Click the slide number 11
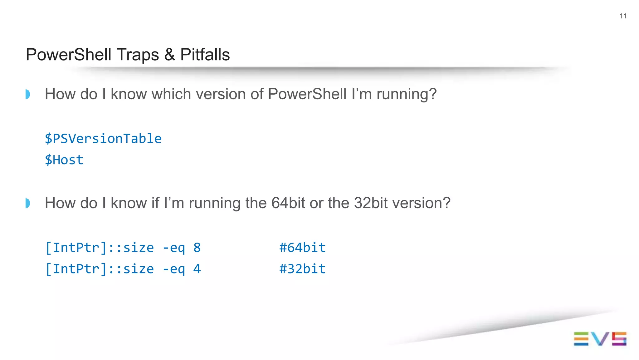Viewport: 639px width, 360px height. pos(623,16)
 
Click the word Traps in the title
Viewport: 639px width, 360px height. pos(137,55)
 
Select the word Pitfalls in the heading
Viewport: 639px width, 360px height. pos(205,55)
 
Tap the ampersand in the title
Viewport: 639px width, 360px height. pos(169,55)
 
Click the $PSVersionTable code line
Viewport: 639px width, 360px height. pos(103,139)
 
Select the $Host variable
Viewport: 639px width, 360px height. pos(64,160)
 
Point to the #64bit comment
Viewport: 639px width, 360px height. pos(302,248)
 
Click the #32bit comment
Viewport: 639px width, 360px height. pos(302,269)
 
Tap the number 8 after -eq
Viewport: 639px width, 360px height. pos(197,248)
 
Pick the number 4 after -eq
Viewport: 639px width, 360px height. pos(197,269)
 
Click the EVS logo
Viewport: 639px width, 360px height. pos(600,339)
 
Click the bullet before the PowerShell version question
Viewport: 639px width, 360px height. pos(28,94)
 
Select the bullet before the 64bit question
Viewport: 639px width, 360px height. pos(28,203)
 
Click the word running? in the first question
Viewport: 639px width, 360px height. pos(406,94)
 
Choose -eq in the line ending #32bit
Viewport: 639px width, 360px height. pos(173,269)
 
